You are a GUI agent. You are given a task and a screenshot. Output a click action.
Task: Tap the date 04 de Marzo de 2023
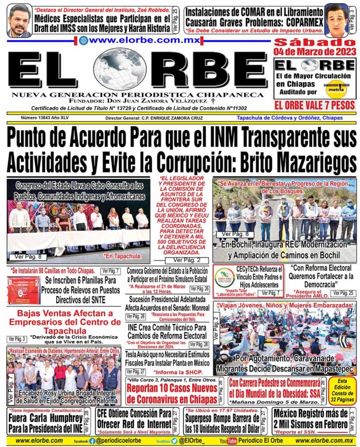(315, 52)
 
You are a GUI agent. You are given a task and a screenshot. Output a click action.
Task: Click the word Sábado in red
(315, 42)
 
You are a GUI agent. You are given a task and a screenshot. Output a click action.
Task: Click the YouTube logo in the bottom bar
(228, 441)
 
